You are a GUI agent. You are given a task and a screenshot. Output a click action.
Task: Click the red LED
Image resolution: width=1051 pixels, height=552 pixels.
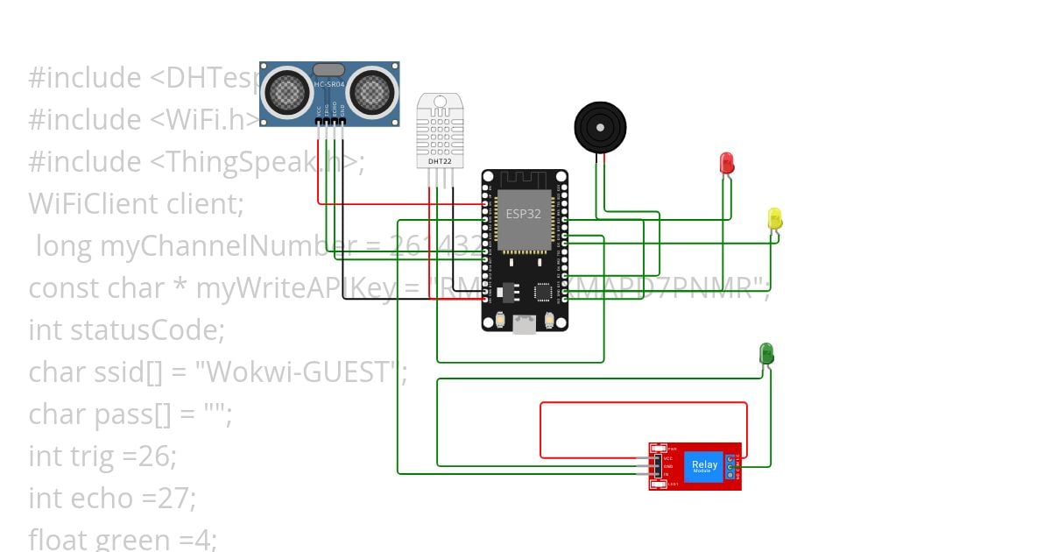coord(726,162)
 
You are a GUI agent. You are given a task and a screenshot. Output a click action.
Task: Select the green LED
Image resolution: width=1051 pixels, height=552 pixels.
coord(766,353)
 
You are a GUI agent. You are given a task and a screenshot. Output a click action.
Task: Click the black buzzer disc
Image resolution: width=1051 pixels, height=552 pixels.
coord(600,128)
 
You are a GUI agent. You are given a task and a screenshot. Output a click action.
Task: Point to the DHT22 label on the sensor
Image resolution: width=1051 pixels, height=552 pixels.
coord(440,161)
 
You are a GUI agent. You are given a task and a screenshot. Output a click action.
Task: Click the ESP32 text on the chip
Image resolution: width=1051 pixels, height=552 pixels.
coord(524,214)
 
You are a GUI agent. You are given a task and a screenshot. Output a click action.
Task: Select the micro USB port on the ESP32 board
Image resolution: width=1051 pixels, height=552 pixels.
coord(524,324)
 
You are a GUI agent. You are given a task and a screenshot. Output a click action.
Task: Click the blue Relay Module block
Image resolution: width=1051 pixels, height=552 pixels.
coord(704,466)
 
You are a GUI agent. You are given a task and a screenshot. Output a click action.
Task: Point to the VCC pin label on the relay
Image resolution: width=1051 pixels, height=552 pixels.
coord(668,458)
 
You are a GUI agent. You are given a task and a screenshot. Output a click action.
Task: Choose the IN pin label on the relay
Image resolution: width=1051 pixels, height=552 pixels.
coord(667,474)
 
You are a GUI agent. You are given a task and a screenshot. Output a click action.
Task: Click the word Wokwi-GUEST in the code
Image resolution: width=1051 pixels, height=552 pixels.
coord(296,372)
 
